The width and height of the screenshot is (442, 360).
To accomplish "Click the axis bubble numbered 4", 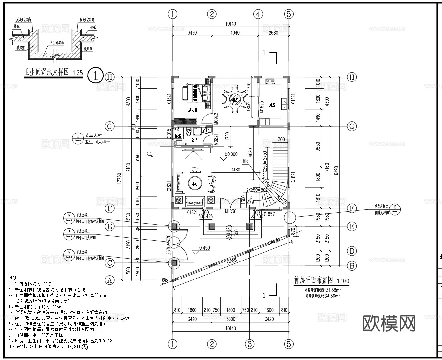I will click(x=258, y=14).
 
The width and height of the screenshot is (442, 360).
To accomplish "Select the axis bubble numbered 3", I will click(x=250, y=344).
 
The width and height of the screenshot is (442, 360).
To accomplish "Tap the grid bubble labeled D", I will click(x=352, y=251).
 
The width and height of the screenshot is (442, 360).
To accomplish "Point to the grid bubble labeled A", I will click(x=110, y=280).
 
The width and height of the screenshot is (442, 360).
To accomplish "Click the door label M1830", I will click(x=230, y=212).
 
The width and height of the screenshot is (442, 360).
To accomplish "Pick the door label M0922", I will click(x=216, y=119).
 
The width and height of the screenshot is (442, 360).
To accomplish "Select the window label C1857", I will click(x=269, y=214).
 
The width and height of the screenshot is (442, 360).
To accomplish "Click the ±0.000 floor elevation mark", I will click(x=231, y=154).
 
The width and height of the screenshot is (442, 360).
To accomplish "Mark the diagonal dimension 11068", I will click(x=231, y=261).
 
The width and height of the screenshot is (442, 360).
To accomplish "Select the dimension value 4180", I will click(x=236, y=170).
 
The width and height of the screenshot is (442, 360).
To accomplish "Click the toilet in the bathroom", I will click(x=188, y=133).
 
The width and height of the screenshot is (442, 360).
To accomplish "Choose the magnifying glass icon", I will click(x=150, y=154).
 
